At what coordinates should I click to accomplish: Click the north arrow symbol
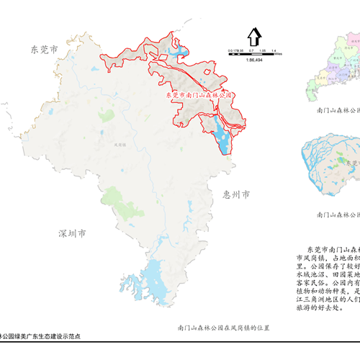[253, 36]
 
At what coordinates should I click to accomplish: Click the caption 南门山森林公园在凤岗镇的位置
[223, 328]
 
